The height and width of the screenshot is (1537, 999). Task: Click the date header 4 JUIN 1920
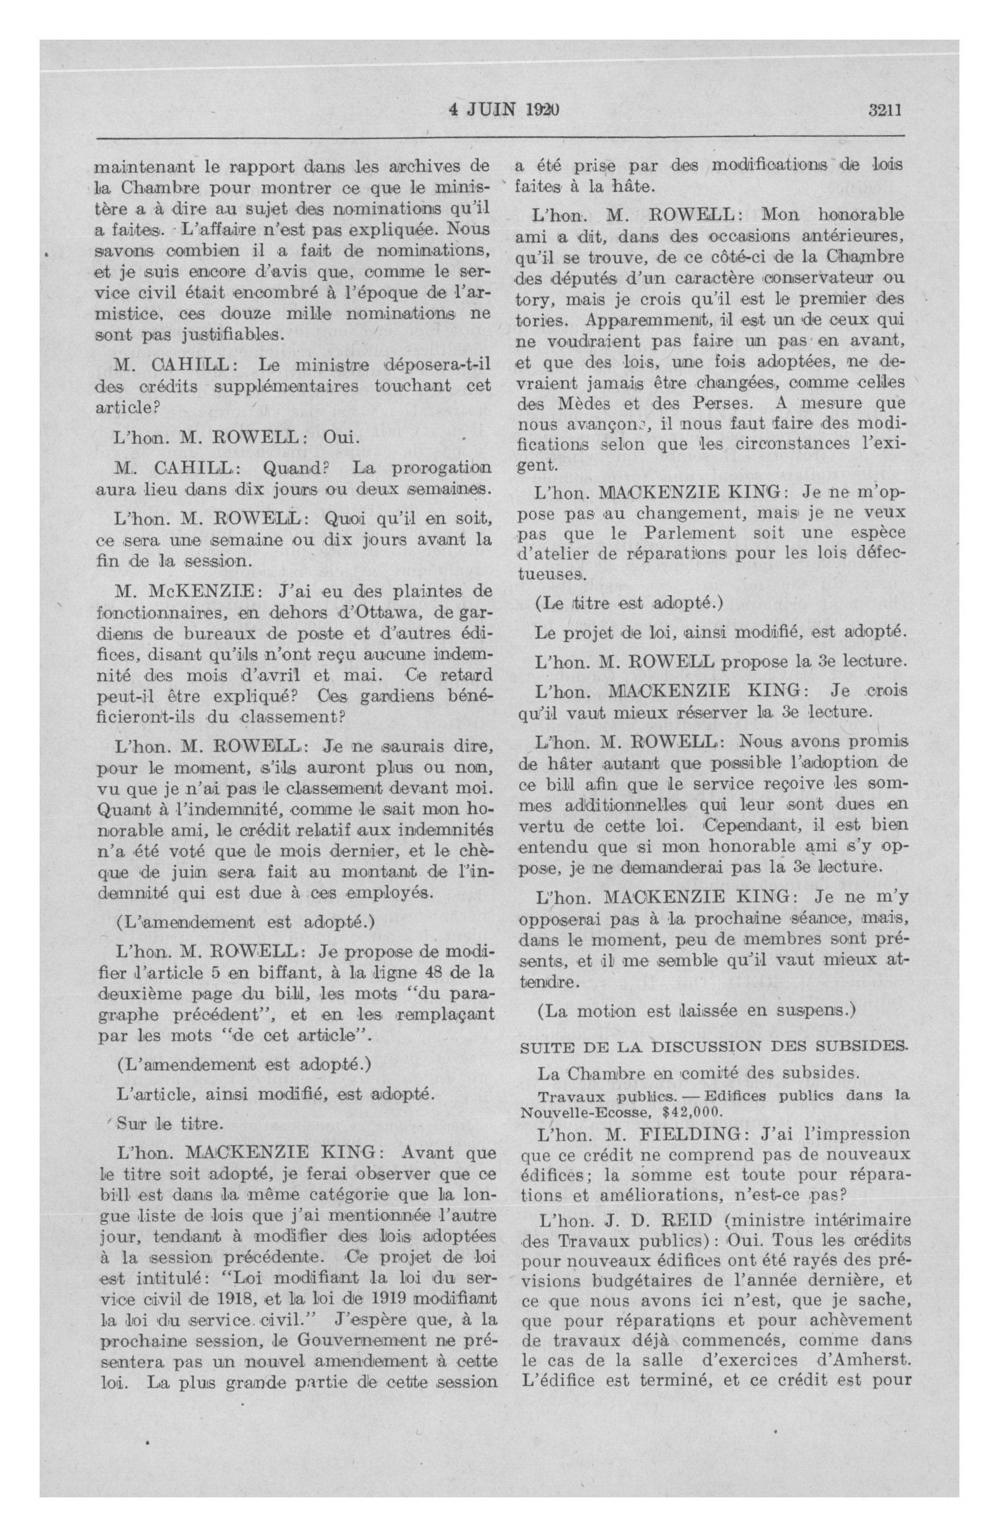tap(503, 110)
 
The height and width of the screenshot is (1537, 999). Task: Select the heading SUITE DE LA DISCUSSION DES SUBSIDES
tap(713, 1045)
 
